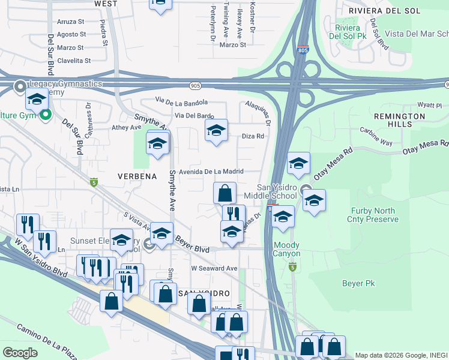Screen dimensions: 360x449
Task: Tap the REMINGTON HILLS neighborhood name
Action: (399, 119)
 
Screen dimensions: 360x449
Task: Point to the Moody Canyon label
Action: (286, 250)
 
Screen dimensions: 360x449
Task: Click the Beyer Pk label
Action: (358, 282)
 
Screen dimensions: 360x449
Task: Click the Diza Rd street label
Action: (253, 136)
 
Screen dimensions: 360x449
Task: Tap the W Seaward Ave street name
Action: (215, 268)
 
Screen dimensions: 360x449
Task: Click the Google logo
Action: (20, 352)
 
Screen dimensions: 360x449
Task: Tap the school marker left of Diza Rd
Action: (216, 130)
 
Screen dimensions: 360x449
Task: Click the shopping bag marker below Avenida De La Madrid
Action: (224, 193)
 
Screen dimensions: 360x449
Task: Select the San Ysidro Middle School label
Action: (270, 191)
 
